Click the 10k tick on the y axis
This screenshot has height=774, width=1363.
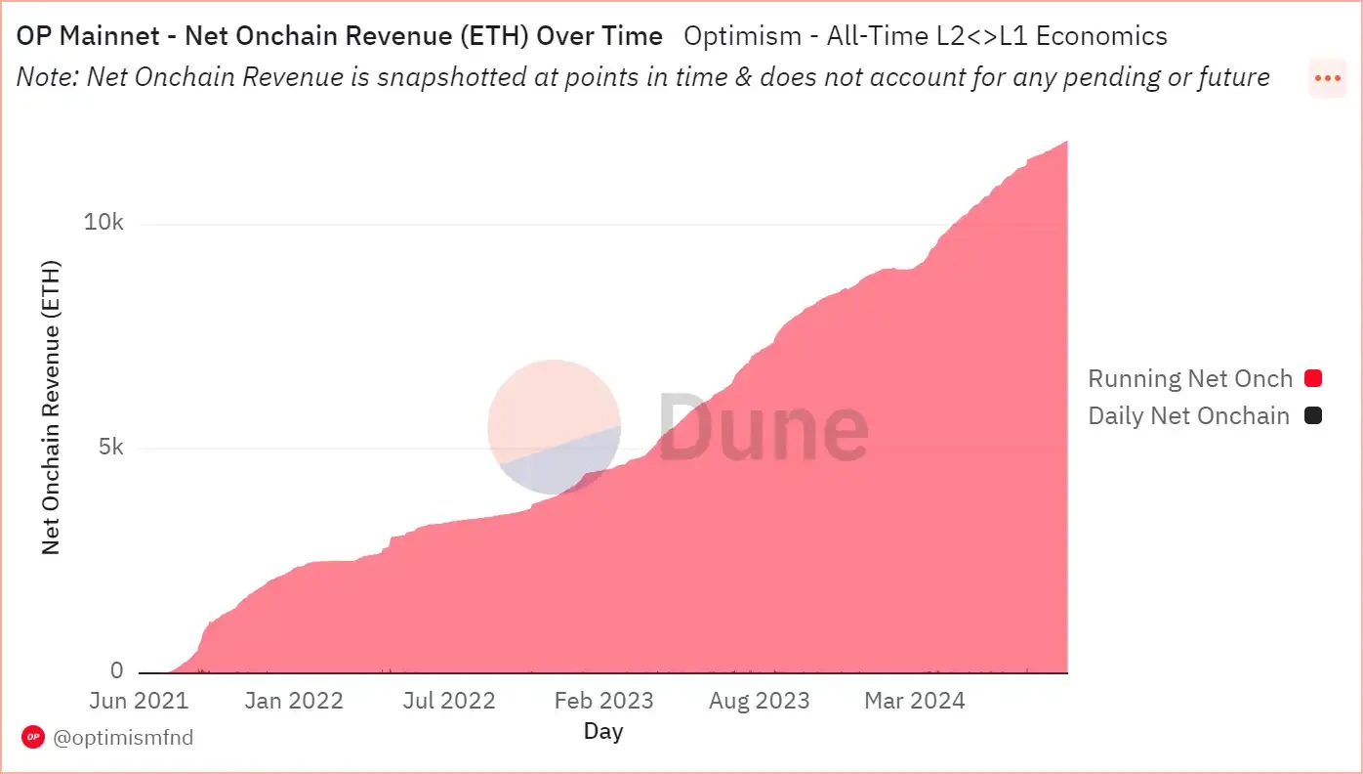[x=103, y=223]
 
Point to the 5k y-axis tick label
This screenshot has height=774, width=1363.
[x=110, y=448]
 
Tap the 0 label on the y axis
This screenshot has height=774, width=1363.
[x=117, y=670]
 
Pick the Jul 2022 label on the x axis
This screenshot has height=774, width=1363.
[x=449, y=701]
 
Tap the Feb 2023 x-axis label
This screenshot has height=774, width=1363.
[x=604, y=701]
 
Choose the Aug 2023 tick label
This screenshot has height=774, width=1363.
[x=760, y=701]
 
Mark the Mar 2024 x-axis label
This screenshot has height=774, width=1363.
[x=914, y=701]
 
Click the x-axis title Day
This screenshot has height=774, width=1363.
[x=603, y=731]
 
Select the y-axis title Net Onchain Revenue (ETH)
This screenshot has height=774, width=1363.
[x=51, y=407]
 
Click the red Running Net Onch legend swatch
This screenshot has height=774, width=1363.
[x=1313, y=378]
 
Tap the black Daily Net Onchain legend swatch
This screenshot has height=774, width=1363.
[x=1313, y=415]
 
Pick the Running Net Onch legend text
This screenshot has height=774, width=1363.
[x=1190, y=378]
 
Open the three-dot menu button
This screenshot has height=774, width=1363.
[x=1328, y=78]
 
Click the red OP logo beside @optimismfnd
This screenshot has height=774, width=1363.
[x=33, y=737]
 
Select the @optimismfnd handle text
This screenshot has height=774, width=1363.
[x=123, y=737]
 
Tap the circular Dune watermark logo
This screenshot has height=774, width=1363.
[x=554, y=427]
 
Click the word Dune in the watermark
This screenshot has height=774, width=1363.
[x=764, y=427]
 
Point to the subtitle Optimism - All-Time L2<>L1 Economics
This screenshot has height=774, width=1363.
[x=926, y=37]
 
